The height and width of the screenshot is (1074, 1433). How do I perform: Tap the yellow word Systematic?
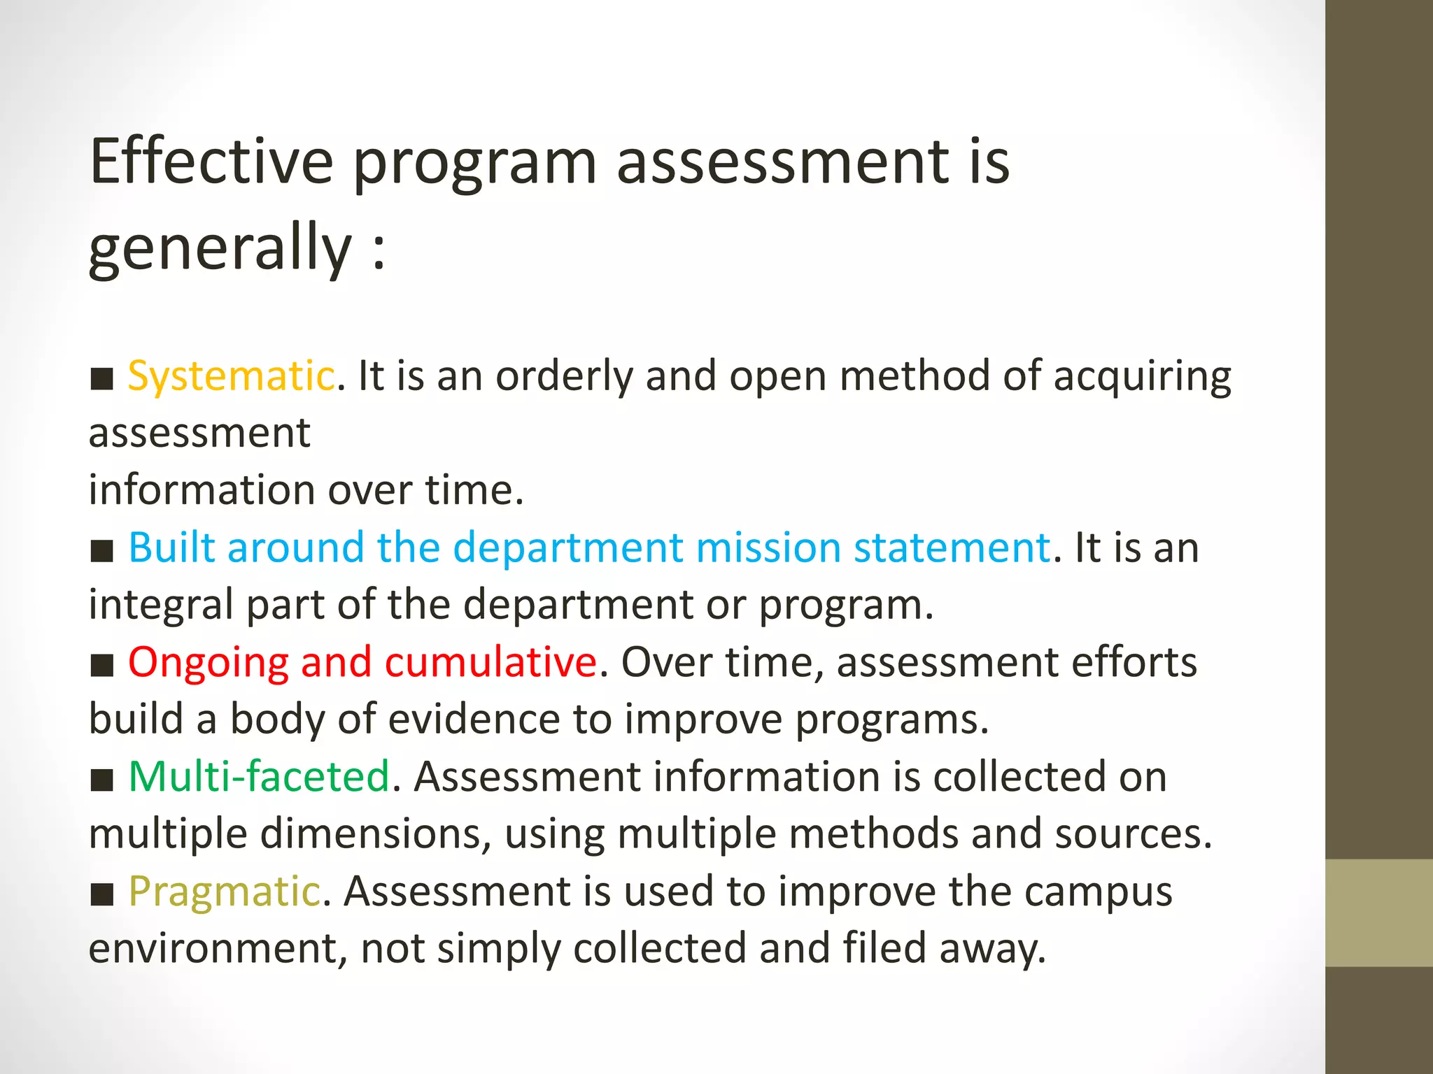point(231,376)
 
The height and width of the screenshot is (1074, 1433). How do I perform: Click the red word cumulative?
point(490,662)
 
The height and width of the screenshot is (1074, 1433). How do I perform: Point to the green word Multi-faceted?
point(259,777)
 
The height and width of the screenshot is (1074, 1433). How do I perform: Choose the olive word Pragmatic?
point(225,892)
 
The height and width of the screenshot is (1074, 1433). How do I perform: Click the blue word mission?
point(768,547)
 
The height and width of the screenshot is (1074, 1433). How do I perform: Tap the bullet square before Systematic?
point(102,379)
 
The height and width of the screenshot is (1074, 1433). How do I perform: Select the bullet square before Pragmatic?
point(102,894)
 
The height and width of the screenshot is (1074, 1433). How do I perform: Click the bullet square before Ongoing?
point(102,666)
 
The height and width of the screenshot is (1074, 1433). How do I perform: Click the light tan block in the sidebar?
point(1378,912)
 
